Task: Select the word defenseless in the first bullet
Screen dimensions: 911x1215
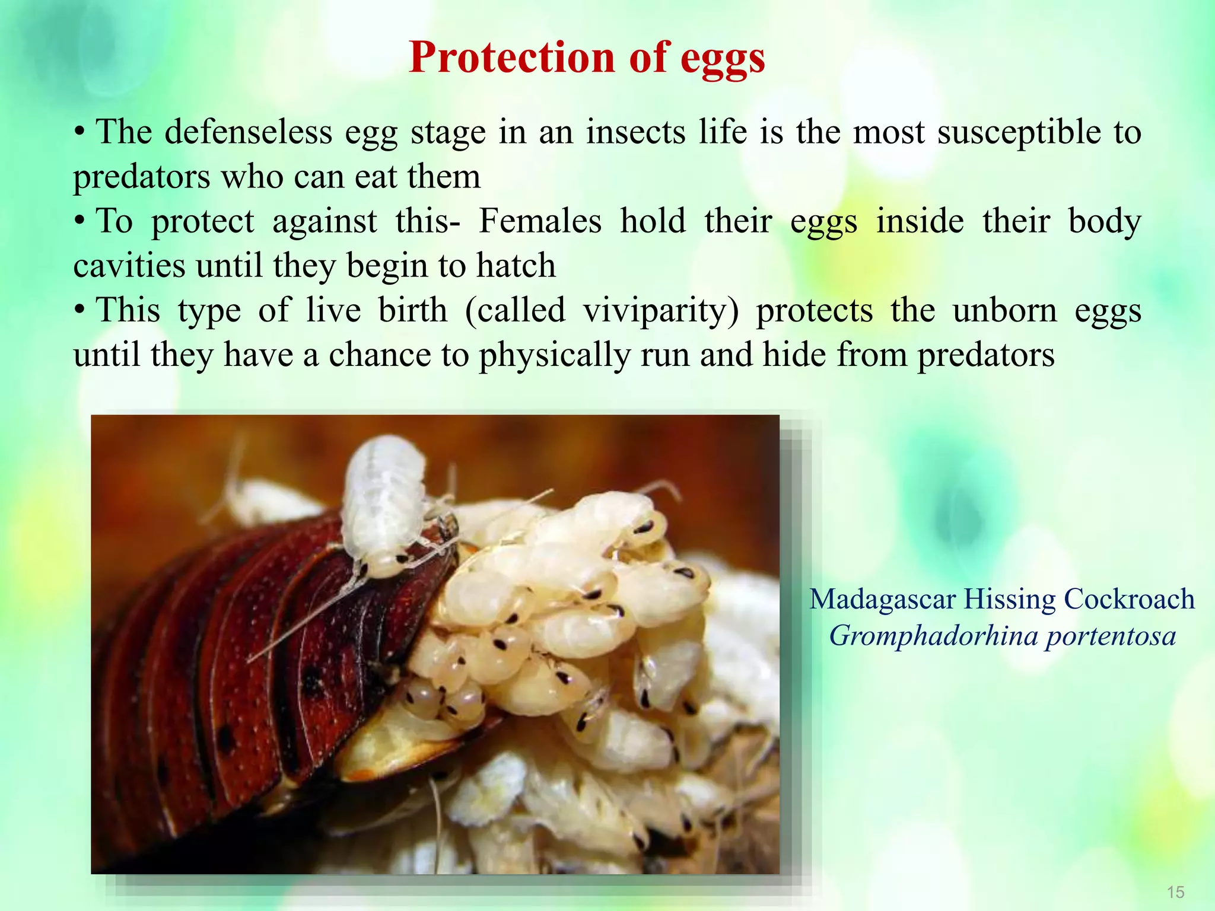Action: tap(248, 132)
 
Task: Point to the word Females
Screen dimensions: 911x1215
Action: tap(540, 221)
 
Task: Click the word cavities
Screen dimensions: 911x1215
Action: tap(129, 266)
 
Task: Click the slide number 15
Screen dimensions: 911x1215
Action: tap(1175, 892)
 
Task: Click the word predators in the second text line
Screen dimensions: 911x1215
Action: tap(141, 177)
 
